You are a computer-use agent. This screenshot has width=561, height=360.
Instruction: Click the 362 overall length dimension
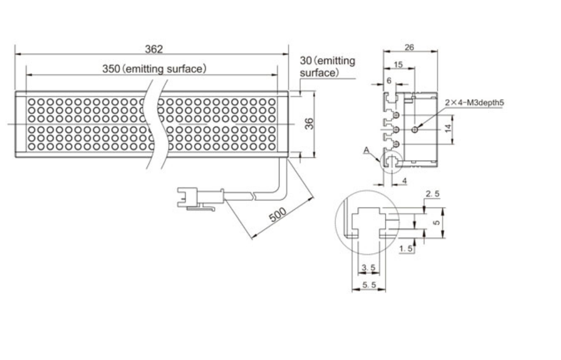(x=154, y=49)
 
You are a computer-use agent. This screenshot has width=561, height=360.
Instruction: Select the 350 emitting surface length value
(x=111, y=69)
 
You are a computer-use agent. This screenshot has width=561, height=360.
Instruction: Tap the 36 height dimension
(x=309, y=124)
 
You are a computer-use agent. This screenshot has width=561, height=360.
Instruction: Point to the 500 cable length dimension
(x=277, y=214)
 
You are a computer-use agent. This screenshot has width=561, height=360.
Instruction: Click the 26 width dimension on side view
(x=409, y=47)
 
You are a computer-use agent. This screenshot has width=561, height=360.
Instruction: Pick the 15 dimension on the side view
(x=398, y=65)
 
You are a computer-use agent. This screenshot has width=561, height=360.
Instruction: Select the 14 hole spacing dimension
(x=448, y=128)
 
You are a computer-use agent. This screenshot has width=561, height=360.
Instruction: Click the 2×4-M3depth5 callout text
(x=474, y=103)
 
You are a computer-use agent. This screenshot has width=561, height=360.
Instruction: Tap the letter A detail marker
(x=366, y=150)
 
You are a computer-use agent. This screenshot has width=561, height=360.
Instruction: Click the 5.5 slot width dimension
(x=369, y=285)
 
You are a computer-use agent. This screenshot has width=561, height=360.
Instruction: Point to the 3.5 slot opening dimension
(x=368, y=268)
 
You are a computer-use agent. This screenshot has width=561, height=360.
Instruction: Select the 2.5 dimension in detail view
(x=432, y=194)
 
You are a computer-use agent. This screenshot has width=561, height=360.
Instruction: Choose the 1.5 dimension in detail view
(x=406, y=248)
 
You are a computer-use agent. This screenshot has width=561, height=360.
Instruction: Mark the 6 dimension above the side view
(x=389, y=81)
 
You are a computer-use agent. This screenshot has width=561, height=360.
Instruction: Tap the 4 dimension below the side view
(x=405, y=181)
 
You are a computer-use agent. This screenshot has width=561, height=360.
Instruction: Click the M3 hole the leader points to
(x=415, y=129)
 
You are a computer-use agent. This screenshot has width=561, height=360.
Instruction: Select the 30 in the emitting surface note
(x=305, y=61)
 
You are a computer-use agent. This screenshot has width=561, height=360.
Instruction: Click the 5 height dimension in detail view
(x=436, y=223)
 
